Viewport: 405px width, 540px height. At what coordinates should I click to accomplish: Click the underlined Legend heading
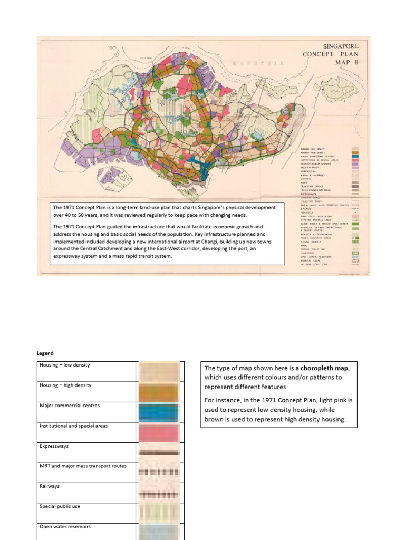tap(45, 353)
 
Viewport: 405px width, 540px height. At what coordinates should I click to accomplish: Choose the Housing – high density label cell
tap(65, 385)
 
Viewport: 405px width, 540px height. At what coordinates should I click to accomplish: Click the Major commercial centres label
tap(69, 406)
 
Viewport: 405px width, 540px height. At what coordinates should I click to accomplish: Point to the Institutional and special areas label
tap(73, 426)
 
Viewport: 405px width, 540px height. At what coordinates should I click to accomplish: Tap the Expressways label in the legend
tap(54, 446)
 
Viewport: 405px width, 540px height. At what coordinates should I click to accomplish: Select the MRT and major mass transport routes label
tap(83, 466)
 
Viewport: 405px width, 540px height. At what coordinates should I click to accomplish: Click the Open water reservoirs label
tap(65, 526)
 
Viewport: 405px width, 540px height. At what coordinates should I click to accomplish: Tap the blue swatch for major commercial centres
tap(159, 412)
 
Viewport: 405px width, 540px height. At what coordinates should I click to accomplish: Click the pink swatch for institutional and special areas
tap(159, 432)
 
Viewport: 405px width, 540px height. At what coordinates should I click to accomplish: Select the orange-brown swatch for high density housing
tap(159, 392)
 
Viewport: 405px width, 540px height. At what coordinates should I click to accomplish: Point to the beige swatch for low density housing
tap(159, 371)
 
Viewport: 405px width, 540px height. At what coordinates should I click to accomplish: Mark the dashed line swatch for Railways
tap(159, 494)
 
